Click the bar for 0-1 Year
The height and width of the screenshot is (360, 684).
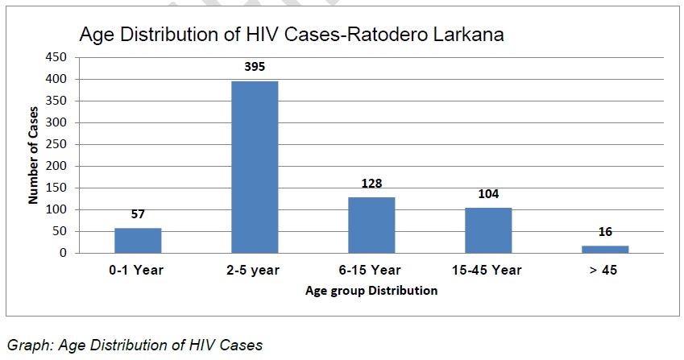click(x=138, y=241)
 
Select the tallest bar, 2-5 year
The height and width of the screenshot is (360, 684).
click(x=255, y=167)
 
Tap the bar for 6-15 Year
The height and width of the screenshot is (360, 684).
click(x=371, y=226)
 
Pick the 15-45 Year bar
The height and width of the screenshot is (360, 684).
click(x=488, y=230)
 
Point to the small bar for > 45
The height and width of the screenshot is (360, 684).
click(x=606, y=250)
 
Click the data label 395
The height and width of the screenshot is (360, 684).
click(x=255, y=67)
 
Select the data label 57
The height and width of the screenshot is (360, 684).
click(x=138, y=214)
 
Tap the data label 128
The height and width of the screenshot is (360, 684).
click(x=371, y=184)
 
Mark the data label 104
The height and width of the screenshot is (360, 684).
click(x=488, y=194)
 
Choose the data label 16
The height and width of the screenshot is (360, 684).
click(x=606, y=232)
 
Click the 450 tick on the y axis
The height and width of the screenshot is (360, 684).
click(x=56, y=57)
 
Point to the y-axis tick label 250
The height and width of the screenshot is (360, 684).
click(x=56, y=144)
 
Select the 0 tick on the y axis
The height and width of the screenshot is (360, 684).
click(x=64, y=253)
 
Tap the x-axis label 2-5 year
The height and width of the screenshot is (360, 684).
click(x=253, y=271)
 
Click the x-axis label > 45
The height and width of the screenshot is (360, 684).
click(x=603, y=271)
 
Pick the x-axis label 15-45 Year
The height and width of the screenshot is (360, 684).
click(x=487, y=271)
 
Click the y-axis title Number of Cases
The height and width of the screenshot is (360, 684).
click(x=33, y=155)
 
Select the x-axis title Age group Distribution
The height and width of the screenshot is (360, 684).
click(x=371, y=291)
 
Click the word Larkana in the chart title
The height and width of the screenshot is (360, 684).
click(x=469, y=35)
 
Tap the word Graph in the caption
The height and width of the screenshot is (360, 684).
click(x=30, y=346)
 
